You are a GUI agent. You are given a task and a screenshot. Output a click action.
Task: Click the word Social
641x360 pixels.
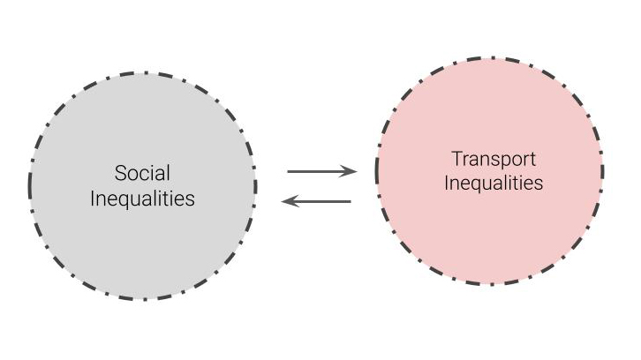[143, 173]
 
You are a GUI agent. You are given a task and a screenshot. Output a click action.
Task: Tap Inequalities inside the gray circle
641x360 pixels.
[143, 199]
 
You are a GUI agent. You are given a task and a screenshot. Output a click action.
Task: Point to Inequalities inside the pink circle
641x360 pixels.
[493, 184]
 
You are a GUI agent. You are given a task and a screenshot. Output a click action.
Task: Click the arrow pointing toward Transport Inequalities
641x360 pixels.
[321, 171]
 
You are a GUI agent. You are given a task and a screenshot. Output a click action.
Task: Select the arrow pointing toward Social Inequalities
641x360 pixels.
[316, 202]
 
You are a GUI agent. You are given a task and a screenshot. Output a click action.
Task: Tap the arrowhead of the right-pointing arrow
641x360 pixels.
[351, 171]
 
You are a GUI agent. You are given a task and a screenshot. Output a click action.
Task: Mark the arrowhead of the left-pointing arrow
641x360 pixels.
[286, 202]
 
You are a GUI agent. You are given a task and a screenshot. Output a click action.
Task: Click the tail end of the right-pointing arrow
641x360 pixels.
[290, 171]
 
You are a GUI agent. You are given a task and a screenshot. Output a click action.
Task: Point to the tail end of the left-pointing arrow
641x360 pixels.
[350, 202]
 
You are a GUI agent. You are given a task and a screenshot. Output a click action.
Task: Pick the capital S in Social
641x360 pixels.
[120, 173]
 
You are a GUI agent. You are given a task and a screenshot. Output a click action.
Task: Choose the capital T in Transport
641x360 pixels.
[457, 160]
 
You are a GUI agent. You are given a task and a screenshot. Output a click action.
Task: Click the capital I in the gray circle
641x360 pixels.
[94, 199]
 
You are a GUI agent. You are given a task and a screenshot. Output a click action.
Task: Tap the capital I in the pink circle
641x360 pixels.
[446, 184]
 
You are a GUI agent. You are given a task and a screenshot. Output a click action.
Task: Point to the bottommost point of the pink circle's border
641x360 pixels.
[490, 283]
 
